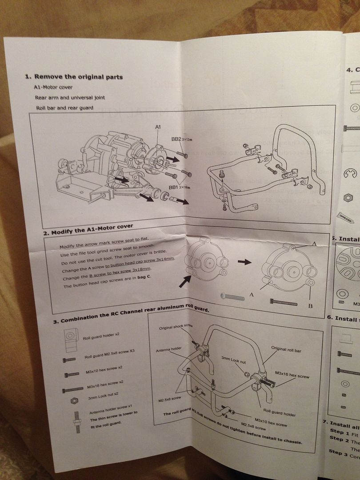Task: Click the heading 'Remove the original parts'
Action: (78, 76)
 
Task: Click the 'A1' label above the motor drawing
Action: (158, 127)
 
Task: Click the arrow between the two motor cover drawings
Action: (244, 262)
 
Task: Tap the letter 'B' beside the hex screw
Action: (310, 306)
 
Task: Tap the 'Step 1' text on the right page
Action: (340, 432)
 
